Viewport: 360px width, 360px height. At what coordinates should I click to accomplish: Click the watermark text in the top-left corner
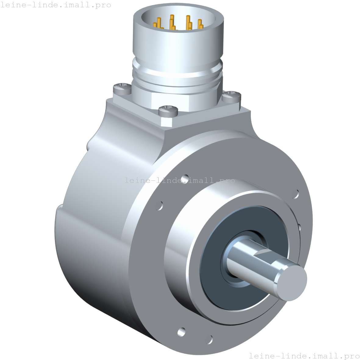[55, 5]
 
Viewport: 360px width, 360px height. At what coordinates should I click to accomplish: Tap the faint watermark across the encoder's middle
[180, 180]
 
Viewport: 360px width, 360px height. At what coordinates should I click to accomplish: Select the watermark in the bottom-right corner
[304, 355]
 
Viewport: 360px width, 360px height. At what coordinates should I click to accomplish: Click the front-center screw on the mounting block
[169, 110]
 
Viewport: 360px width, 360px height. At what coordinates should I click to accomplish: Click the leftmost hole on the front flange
[159, 206]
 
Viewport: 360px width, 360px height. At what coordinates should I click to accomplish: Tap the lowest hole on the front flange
[209, 339]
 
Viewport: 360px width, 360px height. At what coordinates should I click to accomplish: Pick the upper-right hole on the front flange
[295, 194]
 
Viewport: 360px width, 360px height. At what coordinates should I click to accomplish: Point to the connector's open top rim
[178, 9]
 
